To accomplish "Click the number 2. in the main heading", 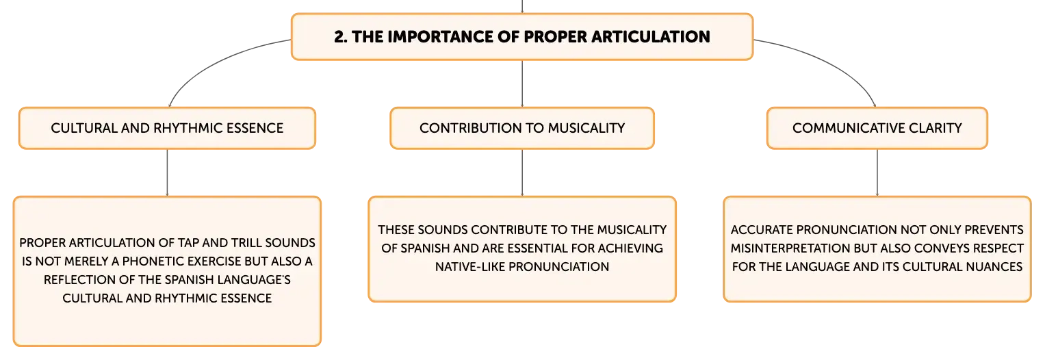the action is [341, 37].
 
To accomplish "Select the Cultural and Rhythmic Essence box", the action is [167, 128].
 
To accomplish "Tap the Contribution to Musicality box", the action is [522, 128].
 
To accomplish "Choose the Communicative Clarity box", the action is [877, 128].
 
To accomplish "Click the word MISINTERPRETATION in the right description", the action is [790, 248].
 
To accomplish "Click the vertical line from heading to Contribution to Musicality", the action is [522, 84].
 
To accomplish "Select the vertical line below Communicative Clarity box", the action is [877, 172].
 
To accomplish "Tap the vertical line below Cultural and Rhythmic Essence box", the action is [167, 172].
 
